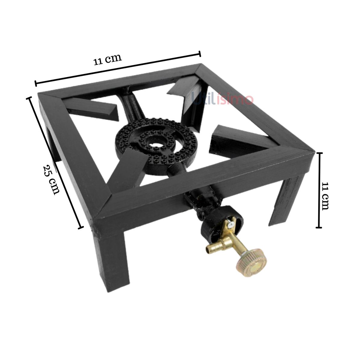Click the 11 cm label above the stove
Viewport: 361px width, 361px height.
pos(107,59)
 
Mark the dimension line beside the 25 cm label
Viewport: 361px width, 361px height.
pos(55,162)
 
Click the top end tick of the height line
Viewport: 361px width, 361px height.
pos(320,153)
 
